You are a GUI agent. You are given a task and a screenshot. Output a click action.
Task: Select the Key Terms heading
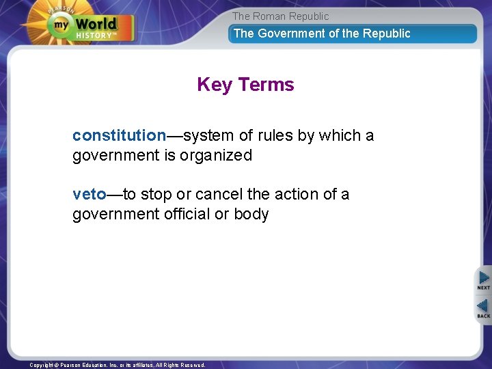tap(245, 85)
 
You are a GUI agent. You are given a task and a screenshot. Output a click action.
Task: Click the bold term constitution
tap(119, 135)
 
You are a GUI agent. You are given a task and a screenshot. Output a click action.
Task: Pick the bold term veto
tap(90, 194)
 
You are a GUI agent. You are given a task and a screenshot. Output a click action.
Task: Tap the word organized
tap(217, 155)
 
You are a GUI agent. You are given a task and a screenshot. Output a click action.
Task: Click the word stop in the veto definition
tap(156, 194)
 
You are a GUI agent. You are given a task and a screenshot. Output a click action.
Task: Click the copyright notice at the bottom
tap(117, 365)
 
